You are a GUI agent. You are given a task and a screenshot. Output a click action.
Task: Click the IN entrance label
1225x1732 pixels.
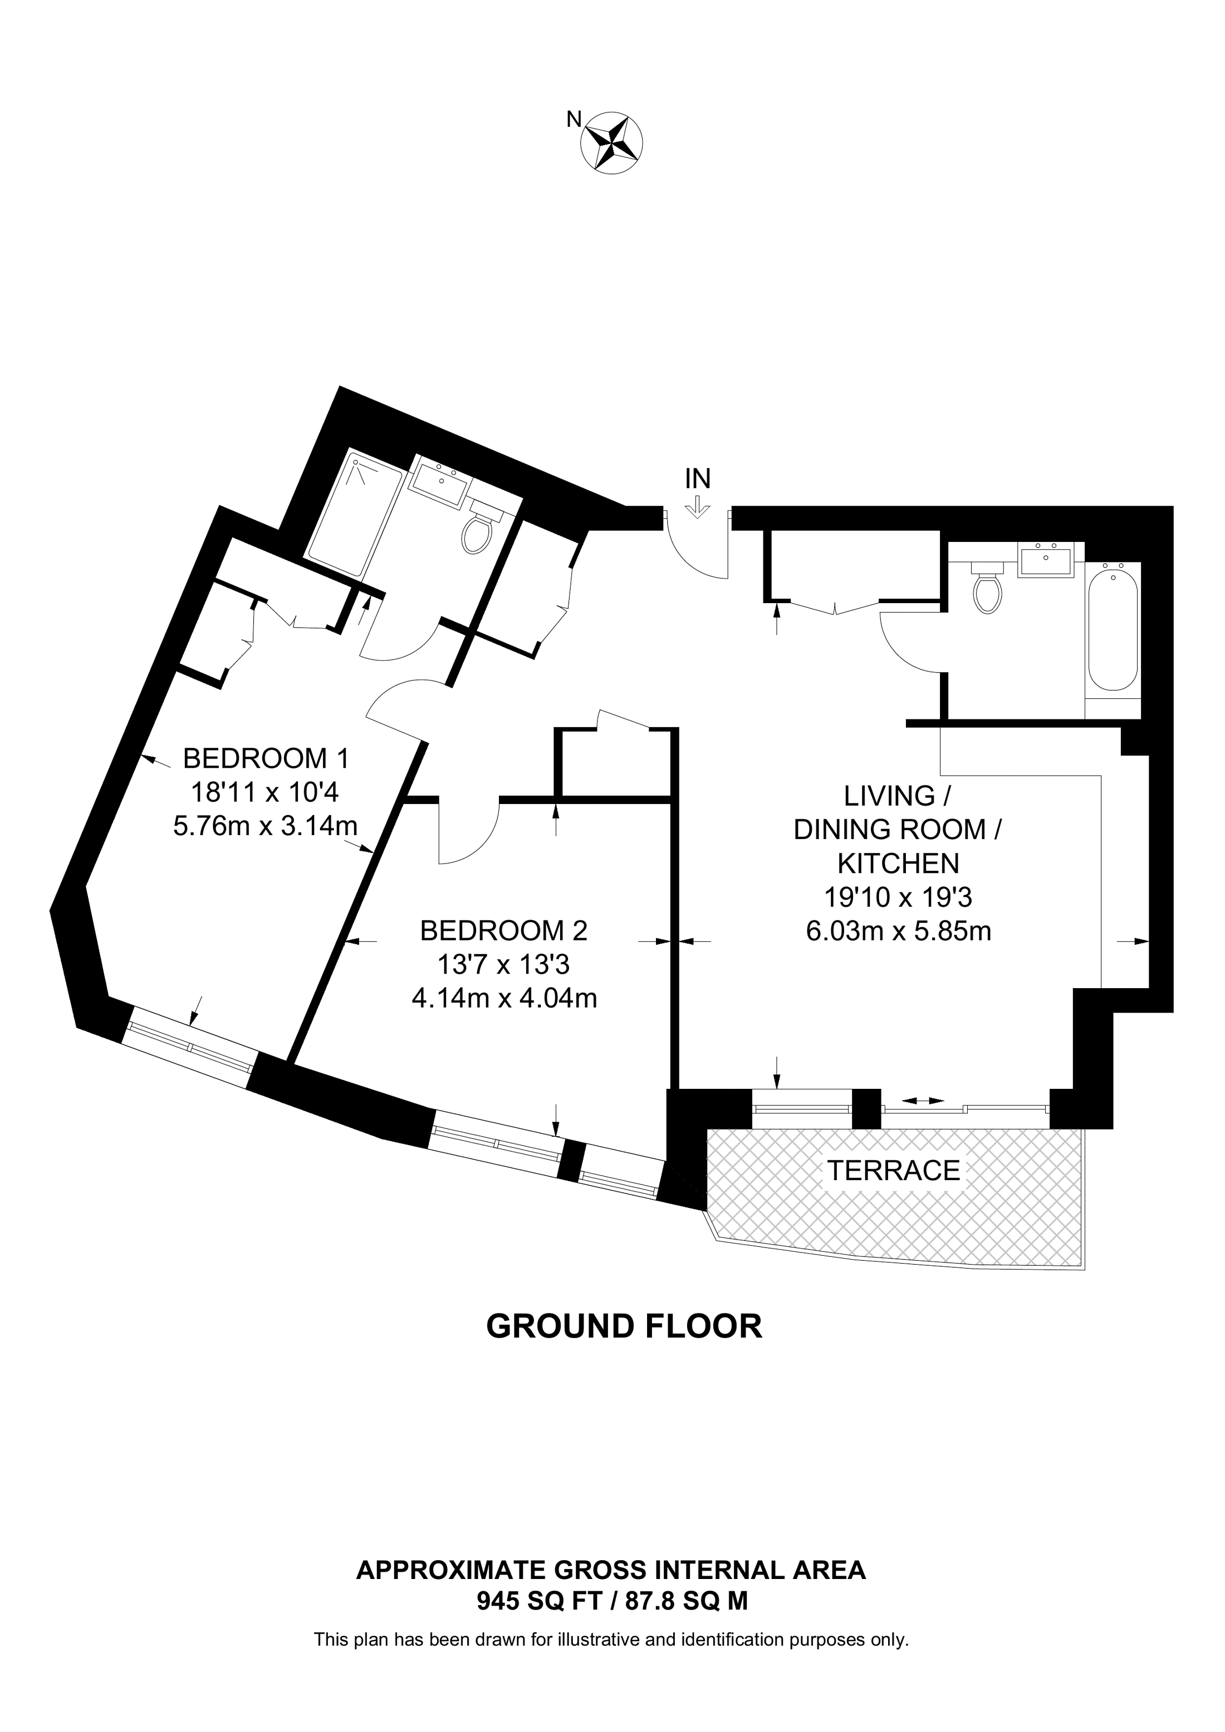pyautogui.click(x=697, y=478)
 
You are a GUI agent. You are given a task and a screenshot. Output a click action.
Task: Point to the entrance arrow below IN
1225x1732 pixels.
pyautogui.click(x=697, y=507)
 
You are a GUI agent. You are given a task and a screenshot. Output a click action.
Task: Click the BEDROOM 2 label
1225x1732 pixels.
pyautogui.click(x=503, y=931)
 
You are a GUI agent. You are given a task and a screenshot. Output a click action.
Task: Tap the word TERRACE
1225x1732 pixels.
pyautogui.click(x=894, y=1170)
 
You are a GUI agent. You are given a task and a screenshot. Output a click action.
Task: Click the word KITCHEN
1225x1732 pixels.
pyautogui.click(x=898, y=863)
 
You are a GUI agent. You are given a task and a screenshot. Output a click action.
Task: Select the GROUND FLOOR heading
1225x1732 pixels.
pyautogui.click(x=624, y=1326)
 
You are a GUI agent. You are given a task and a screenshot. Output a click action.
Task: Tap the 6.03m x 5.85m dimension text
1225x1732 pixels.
pyautogui.click(x=898, y=931)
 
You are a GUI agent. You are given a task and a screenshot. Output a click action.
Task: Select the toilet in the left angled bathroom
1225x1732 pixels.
pyautogui.click(x=479, y=527)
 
